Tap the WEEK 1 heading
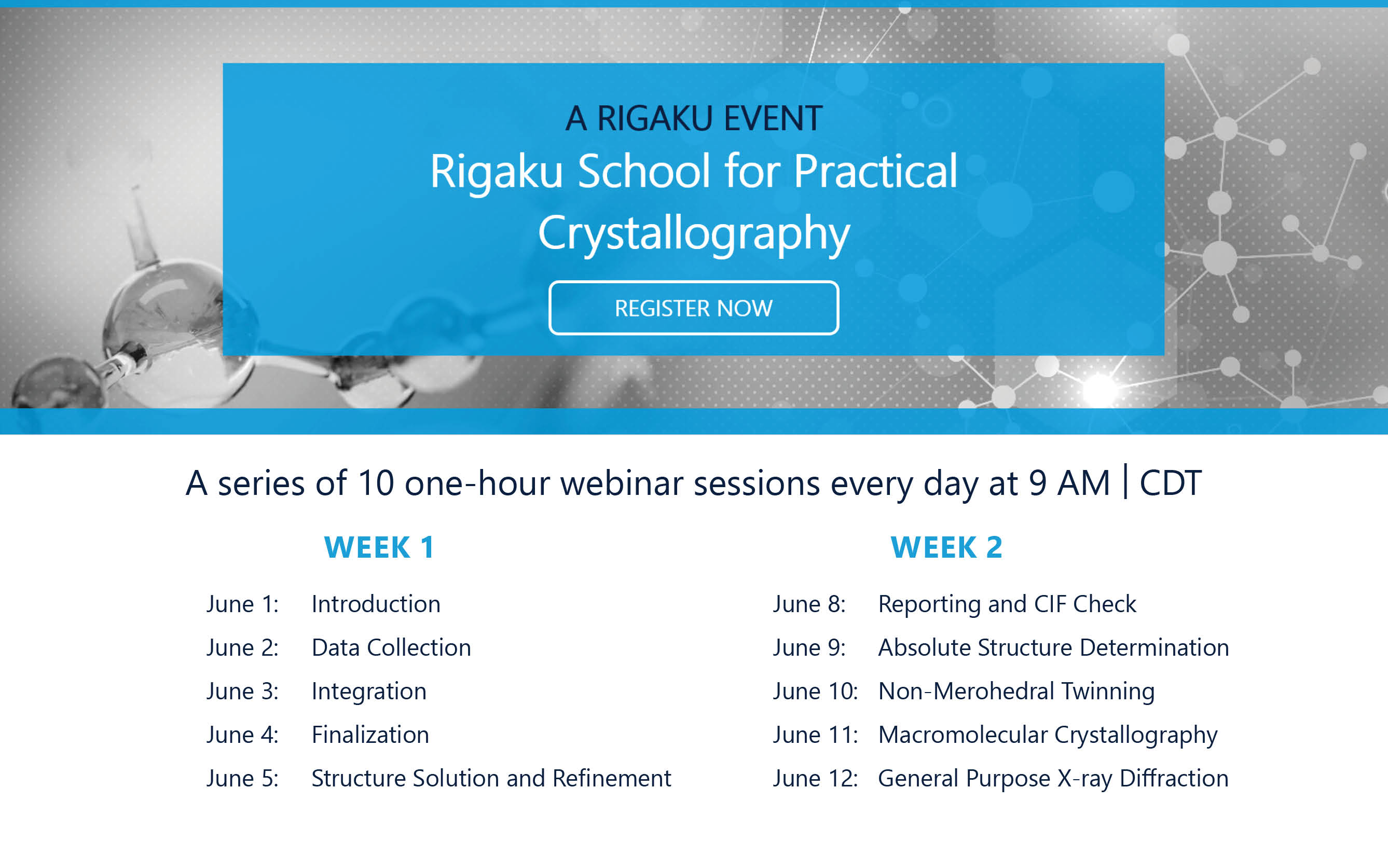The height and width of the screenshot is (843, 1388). point(379,547)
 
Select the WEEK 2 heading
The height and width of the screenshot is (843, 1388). point(946,547)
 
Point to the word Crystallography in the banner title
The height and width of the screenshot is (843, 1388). point(694,233)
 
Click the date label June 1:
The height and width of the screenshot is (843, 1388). point(242,604)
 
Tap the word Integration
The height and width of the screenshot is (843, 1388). point(369,692)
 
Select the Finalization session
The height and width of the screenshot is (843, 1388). point(370,735)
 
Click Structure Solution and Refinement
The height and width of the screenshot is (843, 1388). point(491,778)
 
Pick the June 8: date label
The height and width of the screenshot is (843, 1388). point(809,604)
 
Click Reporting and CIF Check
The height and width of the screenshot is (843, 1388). point(1007,605)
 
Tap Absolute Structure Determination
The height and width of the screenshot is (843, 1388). point(1053,647)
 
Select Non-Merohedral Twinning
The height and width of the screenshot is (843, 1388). point(1016,692)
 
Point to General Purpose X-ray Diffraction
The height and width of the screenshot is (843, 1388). point(1053,779)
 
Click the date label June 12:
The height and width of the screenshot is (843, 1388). point(815,778)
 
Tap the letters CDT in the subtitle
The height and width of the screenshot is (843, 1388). point(1171,483)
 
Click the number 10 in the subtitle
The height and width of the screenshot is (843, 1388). point(376,483)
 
